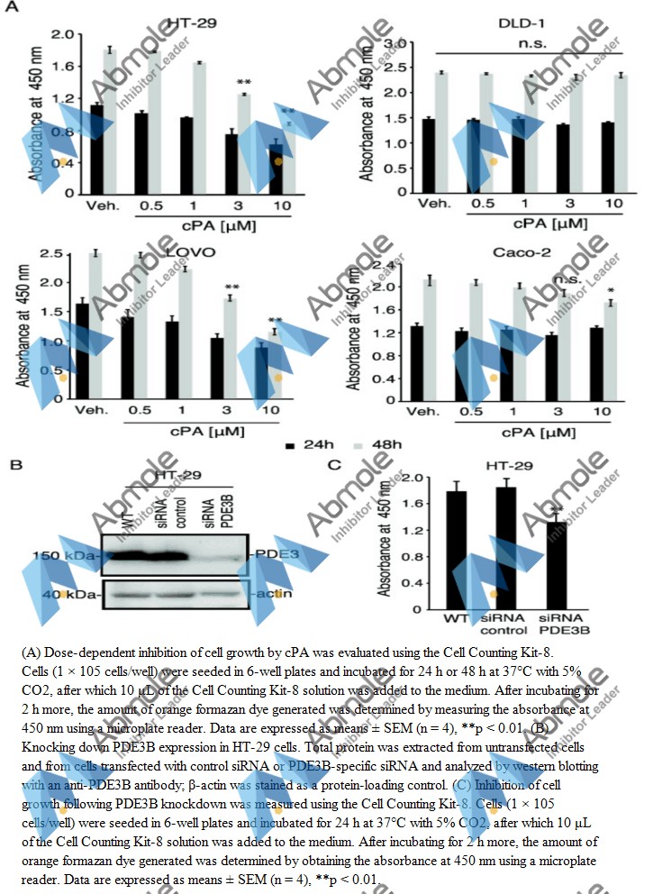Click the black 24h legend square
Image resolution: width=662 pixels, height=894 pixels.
(291, 445)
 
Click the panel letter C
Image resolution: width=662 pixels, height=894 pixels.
(335, 465)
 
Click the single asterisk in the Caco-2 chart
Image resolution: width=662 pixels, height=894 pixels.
(611, 291)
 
